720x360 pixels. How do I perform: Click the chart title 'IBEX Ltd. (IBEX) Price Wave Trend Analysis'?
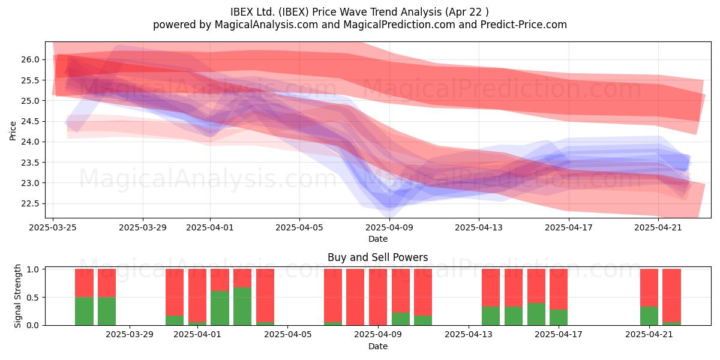coord(336,12)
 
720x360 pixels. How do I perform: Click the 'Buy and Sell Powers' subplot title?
coord(377,257)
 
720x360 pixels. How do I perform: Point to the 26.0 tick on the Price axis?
coord(30,60)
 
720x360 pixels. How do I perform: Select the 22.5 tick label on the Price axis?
coord(30,204)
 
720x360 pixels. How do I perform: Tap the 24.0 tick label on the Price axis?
coord(30,142)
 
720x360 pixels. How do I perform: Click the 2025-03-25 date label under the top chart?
coord(53,227)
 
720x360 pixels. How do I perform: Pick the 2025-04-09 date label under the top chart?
coord(389,227)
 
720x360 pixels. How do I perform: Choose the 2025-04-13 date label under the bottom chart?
coord(469,335)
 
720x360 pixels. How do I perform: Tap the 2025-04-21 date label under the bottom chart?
coord(649,335)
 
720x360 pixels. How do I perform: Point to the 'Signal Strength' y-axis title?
coord(17,296)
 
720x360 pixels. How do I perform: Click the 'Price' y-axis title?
coord(13,131)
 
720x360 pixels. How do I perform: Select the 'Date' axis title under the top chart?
coord(377,239)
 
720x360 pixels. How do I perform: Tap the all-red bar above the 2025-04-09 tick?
coord(378,297)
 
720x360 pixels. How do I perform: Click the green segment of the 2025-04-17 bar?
coord(559,317)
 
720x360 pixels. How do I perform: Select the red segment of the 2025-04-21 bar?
coord(649,287)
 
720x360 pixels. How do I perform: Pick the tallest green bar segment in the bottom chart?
coord(242,307)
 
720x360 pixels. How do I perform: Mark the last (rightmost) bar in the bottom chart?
coord(672,297)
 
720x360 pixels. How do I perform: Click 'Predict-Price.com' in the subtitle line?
coord(524,25)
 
